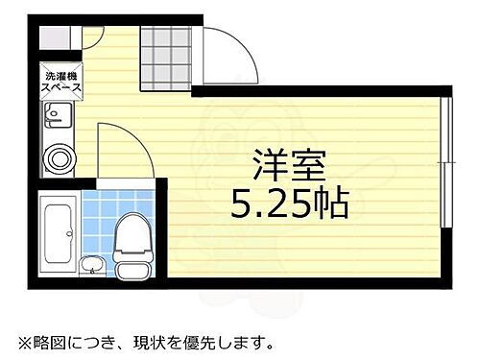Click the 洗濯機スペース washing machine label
tap(60, 84)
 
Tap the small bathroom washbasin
tap(90, 264)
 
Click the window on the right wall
tap(446, 163)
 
